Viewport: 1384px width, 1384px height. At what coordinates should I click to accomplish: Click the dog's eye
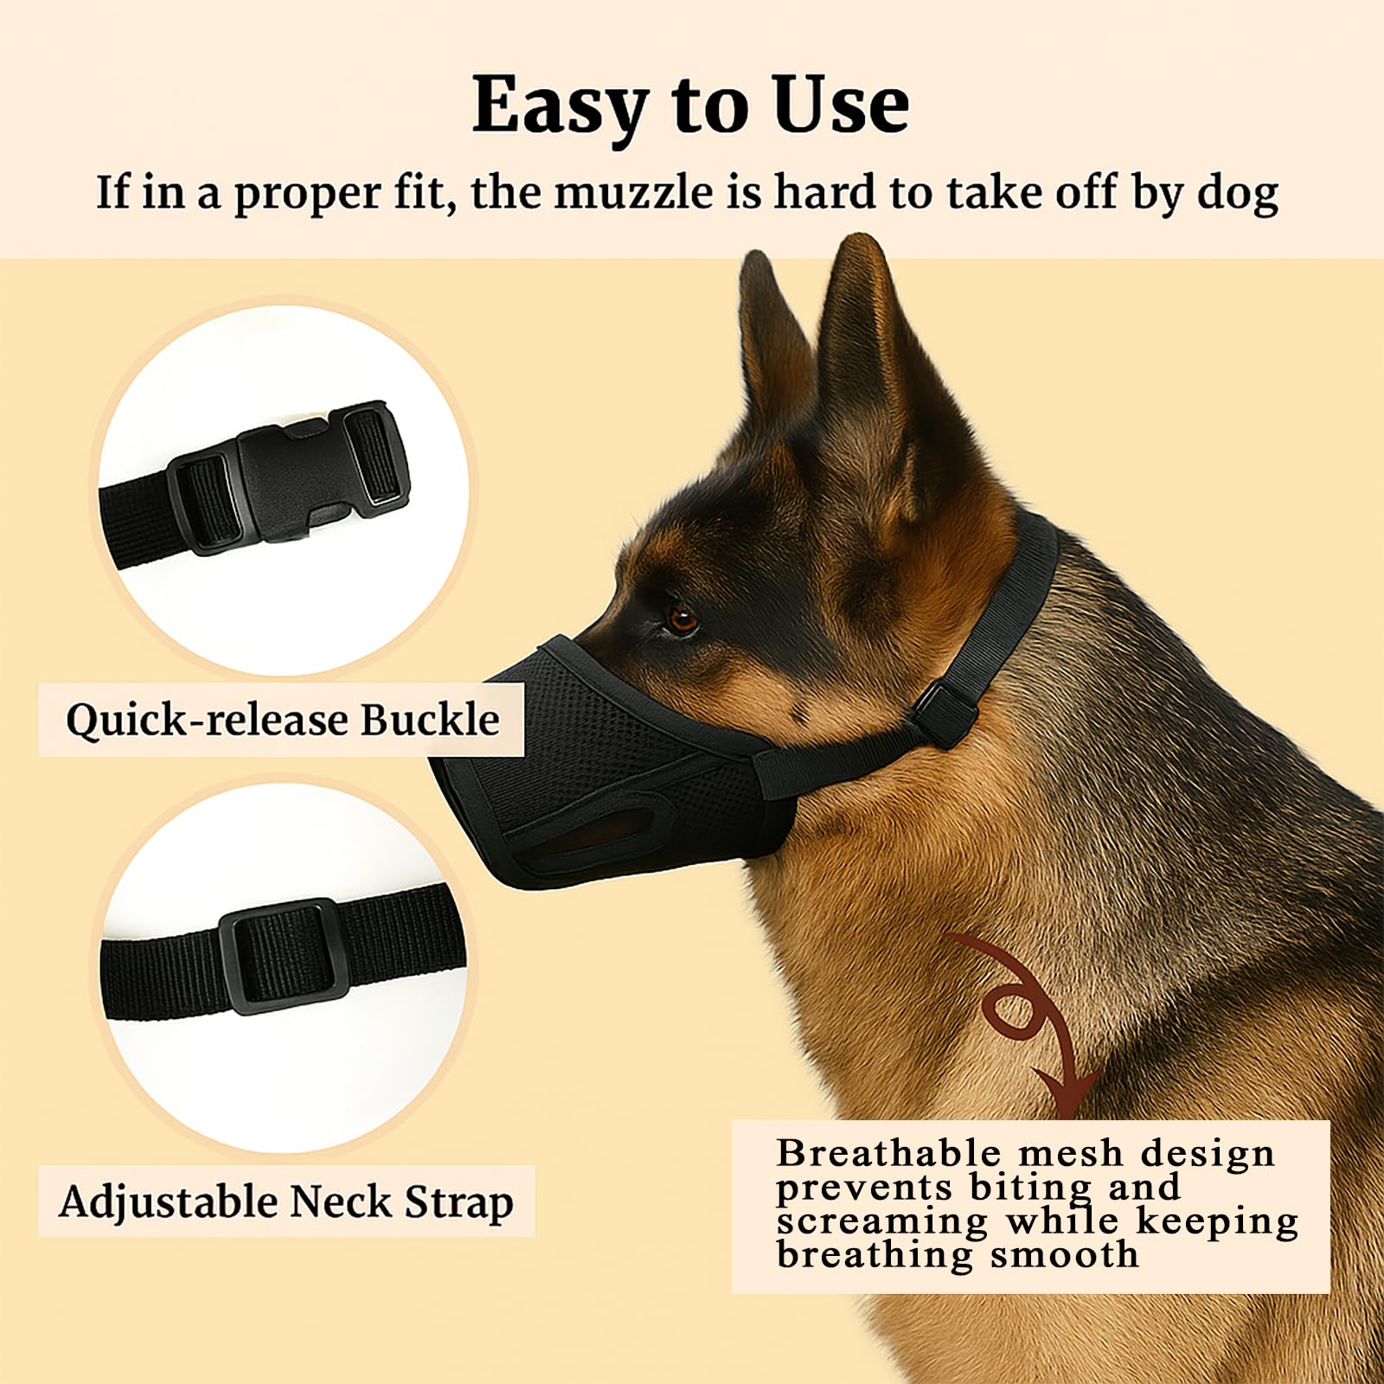coord(682,618)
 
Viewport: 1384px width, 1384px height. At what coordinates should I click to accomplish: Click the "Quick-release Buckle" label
coord(282,720)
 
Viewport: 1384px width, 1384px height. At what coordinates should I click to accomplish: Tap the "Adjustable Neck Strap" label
coord(286,1201)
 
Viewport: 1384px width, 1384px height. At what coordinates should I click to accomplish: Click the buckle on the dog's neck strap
coord(945,713)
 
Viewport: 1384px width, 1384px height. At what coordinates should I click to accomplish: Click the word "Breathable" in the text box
coord(888,1154)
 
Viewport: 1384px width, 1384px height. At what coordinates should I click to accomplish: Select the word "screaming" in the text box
coord(882,1222)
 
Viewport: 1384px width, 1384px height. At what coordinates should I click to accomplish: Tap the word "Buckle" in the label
coord(430,720)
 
